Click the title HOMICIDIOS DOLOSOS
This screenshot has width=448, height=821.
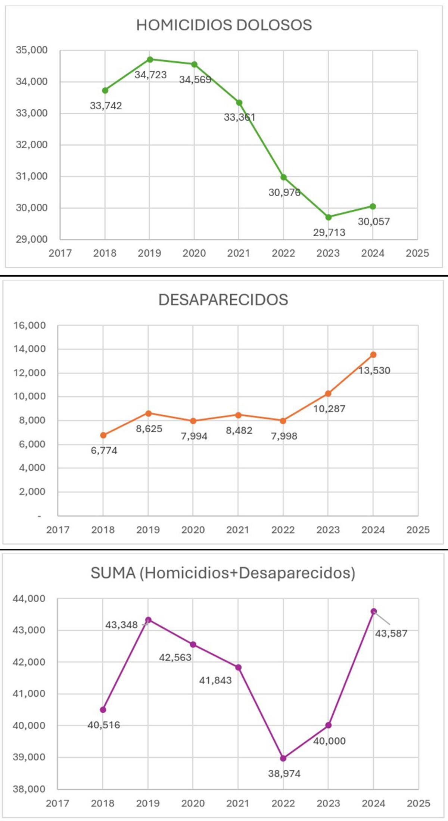pos(224,25)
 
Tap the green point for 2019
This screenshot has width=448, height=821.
pos(150,59)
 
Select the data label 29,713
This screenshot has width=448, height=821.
pos(329,232)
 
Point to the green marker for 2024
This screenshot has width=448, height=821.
pos(373,206)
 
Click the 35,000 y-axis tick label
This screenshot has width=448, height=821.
pos(32,50)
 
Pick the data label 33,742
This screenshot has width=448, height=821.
pos(106,106)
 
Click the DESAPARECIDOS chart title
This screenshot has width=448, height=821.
pos(223,300)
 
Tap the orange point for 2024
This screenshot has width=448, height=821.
pos(373,355)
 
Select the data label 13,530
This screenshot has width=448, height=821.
pos(374,371)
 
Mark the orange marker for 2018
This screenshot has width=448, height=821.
pos(103,435)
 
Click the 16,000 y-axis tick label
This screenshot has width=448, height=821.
pos(30,325)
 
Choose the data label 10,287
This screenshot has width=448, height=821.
pos(329,409)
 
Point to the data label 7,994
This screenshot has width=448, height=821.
pos(194,436)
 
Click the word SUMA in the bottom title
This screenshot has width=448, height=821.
pos(113,573)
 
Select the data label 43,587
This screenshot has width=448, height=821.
pos(391,633)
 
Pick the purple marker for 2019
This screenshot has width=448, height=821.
pos(148,620)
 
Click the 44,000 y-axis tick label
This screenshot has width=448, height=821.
pos(29,599)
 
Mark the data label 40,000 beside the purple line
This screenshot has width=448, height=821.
pos(329,741)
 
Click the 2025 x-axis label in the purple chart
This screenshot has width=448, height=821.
pos(418,803)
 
